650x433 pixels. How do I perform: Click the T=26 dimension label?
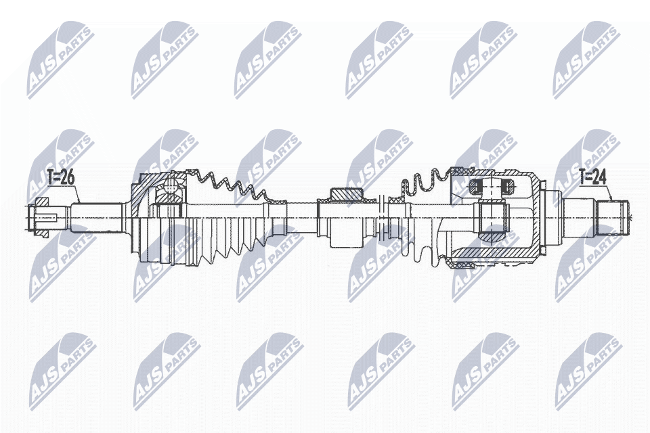tap(61, 178)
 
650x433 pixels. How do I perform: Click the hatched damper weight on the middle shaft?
tap(349, 196)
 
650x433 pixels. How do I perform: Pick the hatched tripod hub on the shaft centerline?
tap(492, 217)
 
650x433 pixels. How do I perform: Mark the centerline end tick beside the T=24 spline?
tap(629, 217)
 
